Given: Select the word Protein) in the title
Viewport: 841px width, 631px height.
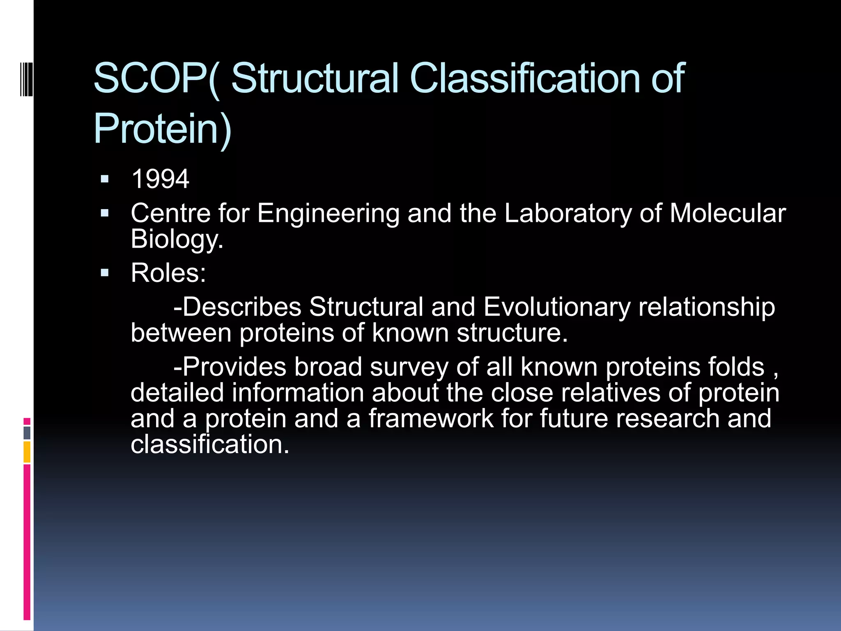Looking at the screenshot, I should coord(163,129).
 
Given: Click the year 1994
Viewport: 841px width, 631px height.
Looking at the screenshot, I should coord(160,179).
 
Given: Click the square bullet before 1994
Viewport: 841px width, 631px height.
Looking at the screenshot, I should coord(105,179).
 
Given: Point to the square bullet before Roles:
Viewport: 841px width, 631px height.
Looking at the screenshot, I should coord(105,273).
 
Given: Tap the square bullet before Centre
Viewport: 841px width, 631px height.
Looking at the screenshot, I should coord(105,213).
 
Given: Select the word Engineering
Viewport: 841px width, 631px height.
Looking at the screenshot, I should coord(328,214).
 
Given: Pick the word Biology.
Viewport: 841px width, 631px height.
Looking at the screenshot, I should coord(177,240).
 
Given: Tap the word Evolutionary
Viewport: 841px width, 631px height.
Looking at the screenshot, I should coord(557,307).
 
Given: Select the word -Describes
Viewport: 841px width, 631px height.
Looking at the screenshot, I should coord(237,307).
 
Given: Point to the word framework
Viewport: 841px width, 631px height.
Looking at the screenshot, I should coord(431,419).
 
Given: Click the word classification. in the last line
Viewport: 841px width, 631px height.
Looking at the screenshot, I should coord(210,444).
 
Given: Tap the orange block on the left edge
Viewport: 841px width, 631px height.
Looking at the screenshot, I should coord(27,452).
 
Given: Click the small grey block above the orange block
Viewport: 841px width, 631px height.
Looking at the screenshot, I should coord(27,433).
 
